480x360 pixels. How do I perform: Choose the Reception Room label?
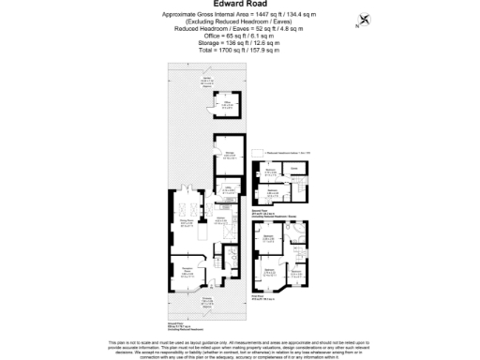click(x=187, y=273)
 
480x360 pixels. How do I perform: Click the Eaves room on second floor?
click(x=292, y=169)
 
